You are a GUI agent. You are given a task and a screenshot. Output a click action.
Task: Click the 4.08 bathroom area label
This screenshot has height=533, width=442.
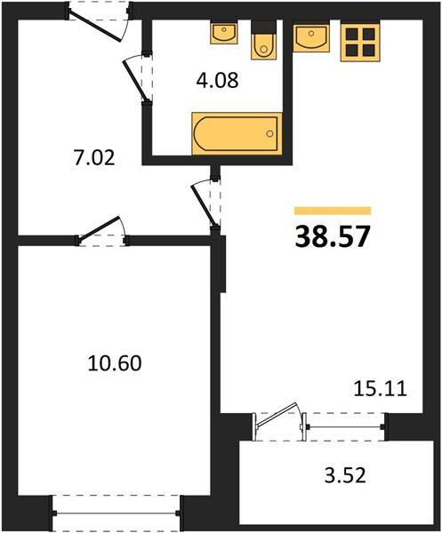click(x=217, y=81)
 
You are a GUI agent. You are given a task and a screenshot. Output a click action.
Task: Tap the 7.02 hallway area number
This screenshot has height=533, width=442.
click(x=94, y=158)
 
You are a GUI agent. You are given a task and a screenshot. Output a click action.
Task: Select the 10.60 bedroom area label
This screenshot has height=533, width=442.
click(x=115, y=363)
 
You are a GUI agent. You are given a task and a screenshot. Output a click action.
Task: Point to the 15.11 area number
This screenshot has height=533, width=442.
click(x=380, y=389)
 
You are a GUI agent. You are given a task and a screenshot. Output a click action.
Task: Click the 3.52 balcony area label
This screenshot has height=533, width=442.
click(x=345, y=475)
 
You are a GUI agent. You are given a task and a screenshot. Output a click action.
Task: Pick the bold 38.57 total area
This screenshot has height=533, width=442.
click(x=332, y=237)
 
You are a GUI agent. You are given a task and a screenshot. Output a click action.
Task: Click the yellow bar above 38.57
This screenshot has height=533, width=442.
click(x=333, y=211)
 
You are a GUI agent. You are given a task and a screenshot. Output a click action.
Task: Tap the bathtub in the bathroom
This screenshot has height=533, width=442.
click(x=237, y=133)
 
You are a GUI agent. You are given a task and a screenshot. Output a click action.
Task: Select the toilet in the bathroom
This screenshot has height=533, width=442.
click(x=264, y=40)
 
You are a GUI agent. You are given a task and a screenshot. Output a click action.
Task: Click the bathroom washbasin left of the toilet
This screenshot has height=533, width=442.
click(x=224, y=33)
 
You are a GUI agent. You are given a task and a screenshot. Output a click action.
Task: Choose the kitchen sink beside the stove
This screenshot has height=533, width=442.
click(x=311, y=36)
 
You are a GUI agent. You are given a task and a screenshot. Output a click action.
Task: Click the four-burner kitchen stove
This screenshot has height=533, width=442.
click(x=360, y=42)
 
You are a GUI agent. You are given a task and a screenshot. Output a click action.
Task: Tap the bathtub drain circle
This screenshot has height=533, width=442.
click(x=269, y=133)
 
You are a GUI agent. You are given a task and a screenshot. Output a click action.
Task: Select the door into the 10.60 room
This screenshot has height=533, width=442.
click(x=99, y=230)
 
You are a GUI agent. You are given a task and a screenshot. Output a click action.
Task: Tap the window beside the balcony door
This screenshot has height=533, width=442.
click(x=344, y=426)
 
